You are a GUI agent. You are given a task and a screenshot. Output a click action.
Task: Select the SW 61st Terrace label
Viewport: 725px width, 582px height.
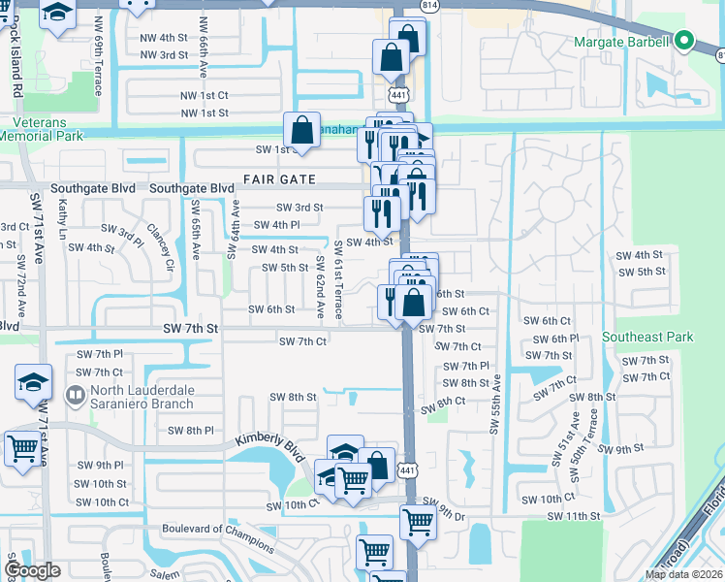point(338,280)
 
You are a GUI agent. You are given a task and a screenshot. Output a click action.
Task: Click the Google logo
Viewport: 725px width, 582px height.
point(31,570)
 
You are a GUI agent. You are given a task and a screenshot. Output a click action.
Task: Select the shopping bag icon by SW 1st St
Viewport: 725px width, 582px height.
point(301,130)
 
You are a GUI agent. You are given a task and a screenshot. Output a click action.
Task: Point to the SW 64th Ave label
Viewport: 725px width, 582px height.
point(233,231)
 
